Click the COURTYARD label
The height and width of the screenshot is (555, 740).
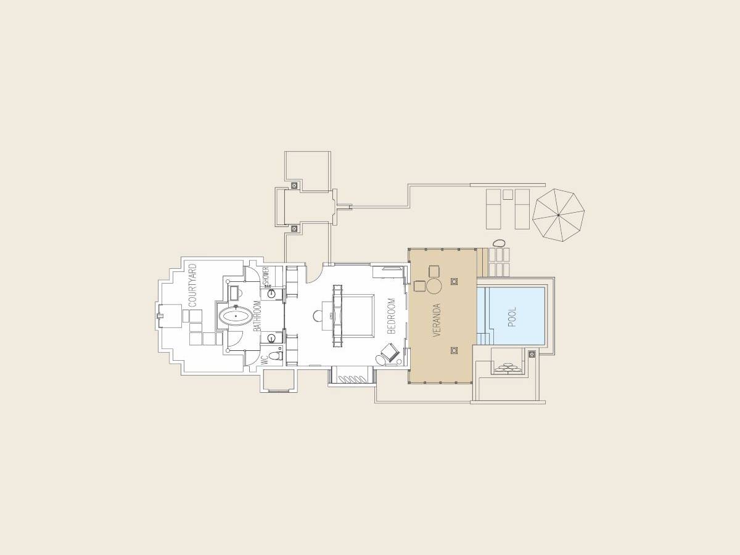[x=192, y=285]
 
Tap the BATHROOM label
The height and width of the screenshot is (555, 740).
[x=257, y=316]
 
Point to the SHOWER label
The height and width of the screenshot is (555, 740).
[x=266, y=276]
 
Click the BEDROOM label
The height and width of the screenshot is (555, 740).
[x=391, y=316]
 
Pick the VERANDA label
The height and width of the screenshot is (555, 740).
[x=437, y=319]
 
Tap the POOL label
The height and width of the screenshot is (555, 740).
[x=512, y=316]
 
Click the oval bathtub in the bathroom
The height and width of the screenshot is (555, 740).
[x=235, y=318]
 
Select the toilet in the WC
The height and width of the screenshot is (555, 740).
[x=276, y=356]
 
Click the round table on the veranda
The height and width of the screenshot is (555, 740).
[x=434, y=286]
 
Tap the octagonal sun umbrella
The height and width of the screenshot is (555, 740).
[x=558, y=215]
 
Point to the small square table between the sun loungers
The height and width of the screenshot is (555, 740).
[x=508, y=194]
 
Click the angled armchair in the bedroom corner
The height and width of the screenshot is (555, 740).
[x=390, y=353]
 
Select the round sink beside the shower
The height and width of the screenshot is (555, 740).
[x=271, y=294]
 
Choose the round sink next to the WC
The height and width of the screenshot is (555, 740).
[x=271, y=338]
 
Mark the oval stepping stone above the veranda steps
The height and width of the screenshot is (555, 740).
[x=499, y=243]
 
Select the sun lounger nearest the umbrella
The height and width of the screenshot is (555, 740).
[x=522, y=208]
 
